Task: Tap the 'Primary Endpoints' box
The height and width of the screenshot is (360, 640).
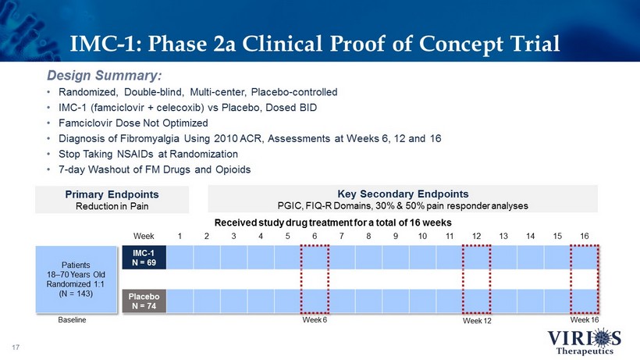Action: pyautogui.click(x=112, y=199)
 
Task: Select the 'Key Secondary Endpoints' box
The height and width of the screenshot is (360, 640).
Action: pyautogui.click(x=402, y=199)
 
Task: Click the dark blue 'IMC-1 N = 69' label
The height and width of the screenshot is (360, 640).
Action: pyautogui.click(x=144, y=257)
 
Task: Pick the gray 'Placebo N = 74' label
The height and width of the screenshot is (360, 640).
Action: pyautogui.click(x=144, y=301)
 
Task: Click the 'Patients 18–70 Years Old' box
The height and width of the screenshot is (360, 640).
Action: pyautogui.click(x=76, y=279)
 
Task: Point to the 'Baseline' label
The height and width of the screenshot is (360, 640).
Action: pyautogui.click(x=73, y=321)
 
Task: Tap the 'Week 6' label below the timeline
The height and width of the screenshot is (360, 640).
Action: pyautogui.click(x=315, y=321)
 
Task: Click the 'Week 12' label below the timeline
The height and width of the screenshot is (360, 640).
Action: pyautogui.click(x=476, y=322)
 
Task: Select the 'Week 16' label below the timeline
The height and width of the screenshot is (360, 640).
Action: pyautogui.click(x=584, y=320)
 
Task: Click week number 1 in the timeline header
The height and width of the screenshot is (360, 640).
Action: pyautogui.click(x=180, y=235)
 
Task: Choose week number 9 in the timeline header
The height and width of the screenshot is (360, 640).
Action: pyautogui.click(x=396, y=235)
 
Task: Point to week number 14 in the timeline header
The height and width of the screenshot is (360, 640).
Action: pyautogui.click(x=531, y=235)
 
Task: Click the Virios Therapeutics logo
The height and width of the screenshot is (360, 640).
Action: pyautogui.click(x=580, y=340)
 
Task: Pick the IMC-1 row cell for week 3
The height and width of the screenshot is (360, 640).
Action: pyautogui.click(x=233, y=257)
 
